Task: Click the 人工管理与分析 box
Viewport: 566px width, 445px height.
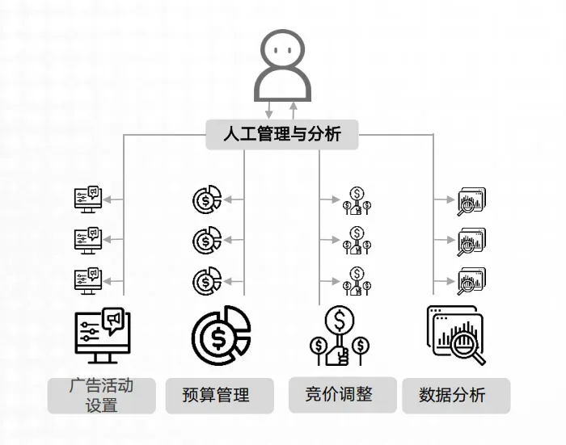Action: (282, 135)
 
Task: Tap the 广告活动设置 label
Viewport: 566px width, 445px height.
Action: (101, 396)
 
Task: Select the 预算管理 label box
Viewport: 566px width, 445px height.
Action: (219, 396)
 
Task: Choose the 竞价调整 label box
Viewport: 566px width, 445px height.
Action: (343, 394)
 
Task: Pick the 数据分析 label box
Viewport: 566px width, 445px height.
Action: (456, 396)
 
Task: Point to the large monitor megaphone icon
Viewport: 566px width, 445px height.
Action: (103, 335)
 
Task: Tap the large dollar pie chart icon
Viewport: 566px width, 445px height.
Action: (221, 335)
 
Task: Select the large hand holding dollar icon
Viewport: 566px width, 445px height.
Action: (340, 335)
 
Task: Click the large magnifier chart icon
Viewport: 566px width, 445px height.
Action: (456, 335)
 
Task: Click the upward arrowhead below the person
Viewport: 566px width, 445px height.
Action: (294, 106)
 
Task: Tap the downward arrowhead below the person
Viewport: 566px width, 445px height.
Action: (269, 115)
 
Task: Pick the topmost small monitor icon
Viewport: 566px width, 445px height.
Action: (88, 199)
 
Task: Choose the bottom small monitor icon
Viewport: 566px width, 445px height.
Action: (88, 281)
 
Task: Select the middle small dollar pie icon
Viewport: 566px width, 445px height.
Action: (207, 240)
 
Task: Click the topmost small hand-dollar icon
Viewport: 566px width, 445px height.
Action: (357, 200)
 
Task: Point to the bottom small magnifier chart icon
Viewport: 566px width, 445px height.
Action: (471, 281)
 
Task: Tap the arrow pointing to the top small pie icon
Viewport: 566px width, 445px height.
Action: (234, 199)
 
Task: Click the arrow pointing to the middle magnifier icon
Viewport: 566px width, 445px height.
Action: (444, 240)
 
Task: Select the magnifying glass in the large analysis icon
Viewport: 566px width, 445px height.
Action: (466, 344)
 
